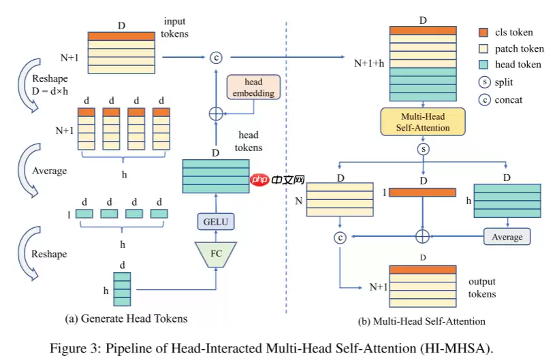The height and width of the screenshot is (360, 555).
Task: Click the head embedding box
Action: [253, 87]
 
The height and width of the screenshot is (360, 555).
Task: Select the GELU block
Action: [215, 220]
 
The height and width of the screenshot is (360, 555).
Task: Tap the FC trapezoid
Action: [215, 253]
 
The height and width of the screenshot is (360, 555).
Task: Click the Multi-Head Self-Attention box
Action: [424, 122]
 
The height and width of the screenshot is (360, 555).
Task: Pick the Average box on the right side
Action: [507, 237]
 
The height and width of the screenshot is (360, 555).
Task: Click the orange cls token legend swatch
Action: [483, 32]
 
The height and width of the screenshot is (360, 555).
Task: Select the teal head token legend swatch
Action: [483, 65]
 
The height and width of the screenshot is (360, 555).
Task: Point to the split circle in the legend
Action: [483, 83]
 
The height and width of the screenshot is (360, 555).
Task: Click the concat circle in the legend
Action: [483, 100]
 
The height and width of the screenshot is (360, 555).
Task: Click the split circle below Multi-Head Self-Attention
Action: [423, 148]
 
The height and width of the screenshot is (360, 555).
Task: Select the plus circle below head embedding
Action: [215, 112]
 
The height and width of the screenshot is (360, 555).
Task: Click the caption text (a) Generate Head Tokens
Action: [126, 318]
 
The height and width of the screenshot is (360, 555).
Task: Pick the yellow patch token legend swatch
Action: [483, 48]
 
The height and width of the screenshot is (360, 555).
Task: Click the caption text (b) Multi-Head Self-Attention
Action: [422, 321]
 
